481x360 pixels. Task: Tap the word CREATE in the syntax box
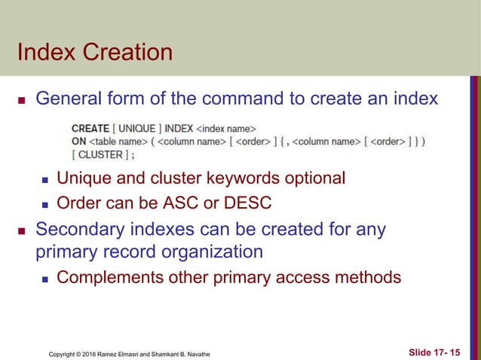[90, 129]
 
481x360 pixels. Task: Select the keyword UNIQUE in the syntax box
[136, 129]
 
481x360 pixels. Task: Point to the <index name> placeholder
[225, 129]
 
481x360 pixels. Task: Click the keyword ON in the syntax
[78, 142]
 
